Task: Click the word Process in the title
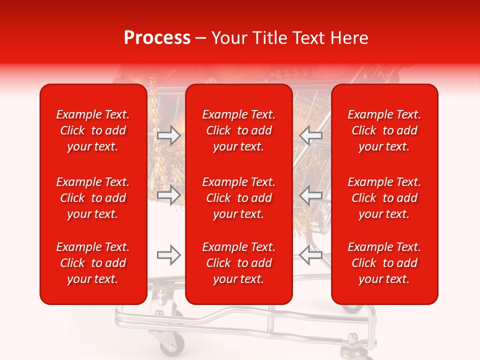[157, 38]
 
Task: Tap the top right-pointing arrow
[168, 135]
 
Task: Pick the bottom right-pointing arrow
[168, 255]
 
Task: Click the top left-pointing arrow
[311, 135]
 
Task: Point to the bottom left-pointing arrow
[311, 255]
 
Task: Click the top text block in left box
[93, 130]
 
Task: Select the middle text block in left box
[93, 198]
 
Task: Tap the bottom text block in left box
[93, 263]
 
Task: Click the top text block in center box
[239, 130]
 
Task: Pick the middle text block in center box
[239, 198]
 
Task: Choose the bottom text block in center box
[239, 263]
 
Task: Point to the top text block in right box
[384, 130]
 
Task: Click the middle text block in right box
[384, 198]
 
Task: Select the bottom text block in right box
[384, 263]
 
